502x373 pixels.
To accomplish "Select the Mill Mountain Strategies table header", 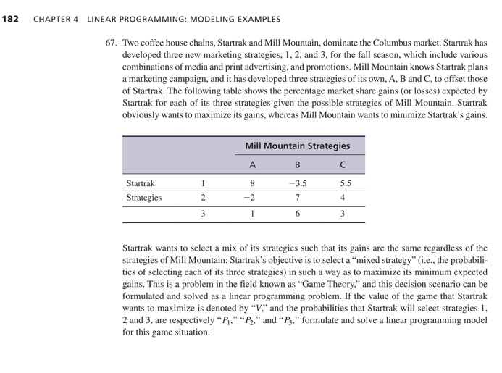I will (297, 146).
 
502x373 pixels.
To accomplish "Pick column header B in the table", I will (296, 164).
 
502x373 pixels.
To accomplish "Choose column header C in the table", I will (343, 164).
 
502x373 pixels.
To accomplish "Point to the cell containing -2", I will (249, 197).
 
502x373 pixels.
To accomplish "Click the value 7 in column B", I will (297, 197).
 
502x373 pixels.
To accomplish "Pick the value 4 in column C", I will (343, 197).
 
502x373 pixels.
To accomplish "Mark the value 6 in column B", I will (297, 214).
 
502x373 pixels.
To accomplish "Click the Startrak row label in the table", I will (141, 183).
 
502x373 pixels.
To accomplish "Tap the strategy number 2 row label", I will (204, 197).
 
